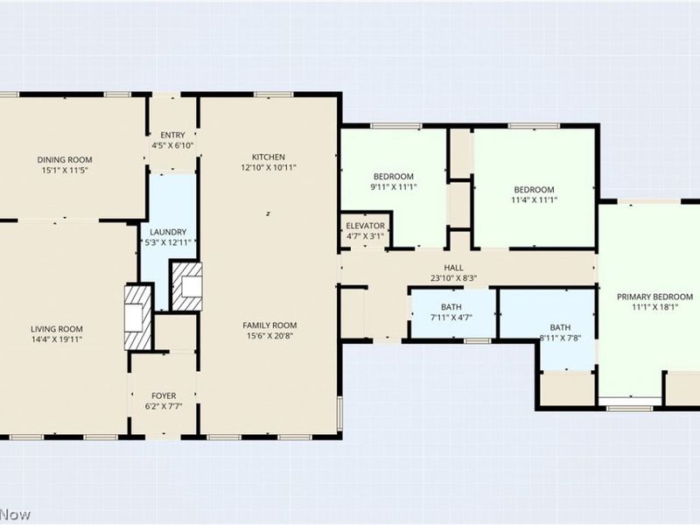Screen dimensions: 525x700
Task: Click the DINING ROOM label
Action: pyautogui.click(x=65, y=159)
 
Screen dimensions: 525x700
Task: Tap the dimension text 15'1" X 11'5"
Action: pyautogui.click(x=65, y=171)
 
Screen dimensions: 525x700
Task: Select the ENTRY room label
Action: pyautogui.click(x=172, y=135)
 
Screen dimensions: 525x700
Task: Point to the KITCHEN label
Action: pyautogui.click(x=269, y=157)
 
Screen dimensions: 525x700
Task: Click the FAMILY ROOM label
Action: pyautogui.click(x=269, y=325)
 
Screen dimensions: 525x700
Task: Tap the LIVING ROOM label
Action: pyautogui.click(x=58, y=328)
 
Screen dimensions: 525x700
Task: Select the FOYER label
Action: pyautogui.click(x=163, y=395)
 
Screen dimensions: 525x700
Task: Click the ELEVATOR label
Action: pyautogui.click(x=365, y=226)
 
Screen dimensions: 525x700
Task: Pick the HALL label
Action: pyautogui.click(x=453, y=268)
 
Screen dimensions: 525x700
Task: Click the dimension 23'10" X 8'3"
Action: pyautogui.click(x=453, y=279)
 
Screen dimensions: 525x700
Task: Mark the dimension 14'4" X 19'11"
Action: pyautogui.click(x=58, y=339)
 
